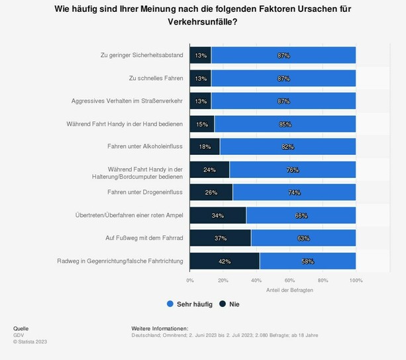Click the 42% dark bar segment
[225, 261]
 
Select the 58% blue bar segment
[308, 261]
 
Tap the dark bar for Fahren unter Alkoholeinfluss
[205, 146]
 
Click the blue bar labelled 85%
[285, 124]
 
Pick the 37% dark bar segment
[221, 238]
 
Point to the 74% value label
[294, 193]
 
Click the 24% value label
[209, 169]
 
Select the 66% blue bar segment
[301, 215]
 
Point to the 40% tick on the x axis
[256, 281]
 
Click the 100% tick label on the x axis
[356, 281]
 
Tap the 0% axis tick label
[190, 281]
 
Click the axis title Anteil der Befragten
[289, 290]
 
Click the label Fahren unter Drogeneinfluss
[145, 192]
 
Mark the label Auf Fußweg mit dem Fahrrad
[141, 238]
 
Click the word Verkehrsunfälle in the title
[203, 22]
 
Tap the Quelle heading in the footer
[21, 328]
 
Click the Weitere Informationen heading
[160, 328]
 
